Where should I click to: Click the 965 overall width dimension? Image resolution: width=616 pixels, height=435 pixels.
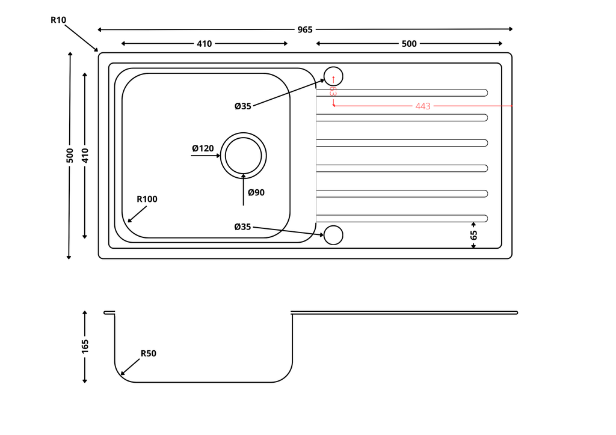click(305, 29)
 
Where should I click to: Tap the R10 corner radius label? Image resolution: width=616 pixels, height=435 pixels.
click(58, 20)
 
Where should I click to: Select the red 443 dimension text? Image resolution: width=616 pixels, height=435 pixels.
click(423, 106)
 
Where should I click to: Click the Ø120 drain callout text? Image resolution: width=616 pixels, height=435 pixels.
click(203, 148)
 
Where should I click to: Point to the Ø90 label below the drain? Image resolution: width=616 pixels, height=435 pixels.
click(256, 192)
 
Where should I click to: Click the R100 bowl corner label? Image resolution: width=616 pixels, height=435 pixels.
click(147, 199)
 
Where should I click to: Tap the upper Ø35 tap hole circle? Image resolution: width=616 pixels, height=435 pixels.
click(333, 76)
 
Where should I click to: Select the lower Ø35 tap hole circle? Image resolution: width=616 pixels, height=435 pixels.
click(333, 235)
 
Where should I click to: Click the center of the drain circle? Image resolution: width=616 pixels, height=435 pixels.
click(244, 155)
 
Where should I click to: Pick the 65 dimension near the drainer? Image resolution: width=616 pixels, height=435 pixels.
click(473, 235)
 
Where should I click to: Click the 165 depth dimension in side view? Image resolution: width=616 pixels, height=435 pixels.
click(85, 345)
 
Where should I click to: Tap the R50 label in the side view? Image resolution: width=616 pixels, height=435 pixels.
click(148, 353)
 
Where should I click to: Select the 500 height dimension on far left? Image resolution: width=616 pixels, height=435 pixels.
click(70, 155)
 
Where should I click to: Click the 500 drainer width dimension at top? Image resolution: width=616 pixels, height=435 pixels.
click(409, 43)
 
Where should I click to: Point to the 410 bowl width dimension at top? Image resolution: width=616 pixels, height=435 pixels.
click(204, 43)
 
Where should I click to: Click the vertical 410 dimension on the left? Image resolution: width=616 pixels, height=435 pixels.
click(85, 156)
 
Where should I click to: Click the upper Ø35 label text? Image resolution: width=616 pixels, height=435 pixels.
click(243, 106)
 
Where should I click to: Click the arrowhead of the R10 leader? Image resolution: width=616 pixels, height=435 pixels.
click(96, 50)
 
